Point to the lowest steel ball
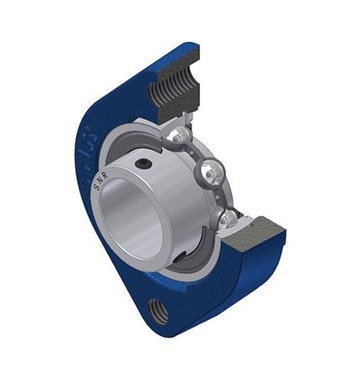[227, 219]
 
